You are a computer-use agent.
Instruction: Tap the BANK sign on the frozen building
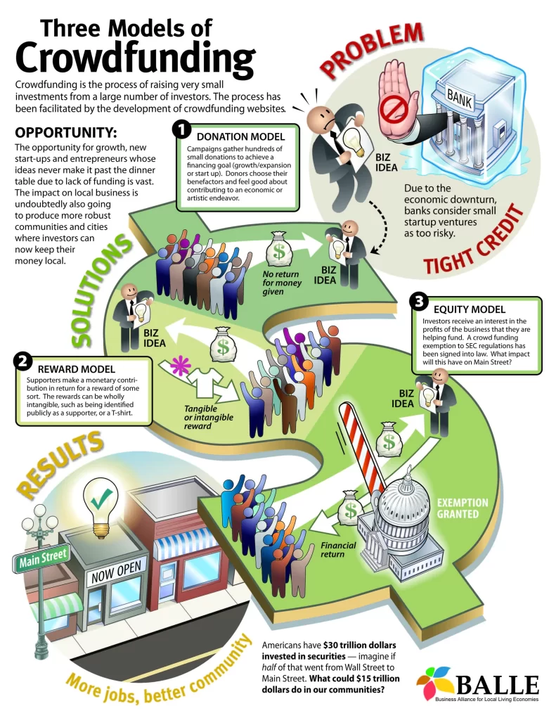point(460,97)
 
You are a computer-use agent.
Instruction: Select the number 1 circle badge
point(182,129)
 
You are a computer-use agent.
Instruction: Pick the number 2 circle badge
point(22,361)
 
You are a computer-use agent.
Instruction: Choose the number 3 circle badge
point(419,302)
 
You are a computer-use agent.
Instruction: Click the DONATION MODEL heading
point(240,136)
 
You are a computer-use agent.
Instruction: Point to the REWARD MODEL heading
point(76,368)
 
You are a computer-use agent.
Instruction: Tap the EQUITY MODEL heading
point(470,309)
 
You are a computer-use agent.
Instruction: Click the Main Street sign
point(43,558)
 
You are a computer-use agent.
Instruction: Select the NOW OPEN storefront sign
point(116,571)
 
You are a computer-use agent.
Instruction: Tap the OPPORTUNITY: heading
point(65,133)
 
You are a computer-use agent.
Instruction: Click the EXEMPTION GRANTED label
point(462,508)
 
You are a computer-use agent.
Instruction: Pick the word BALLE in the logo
point(497,685)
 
